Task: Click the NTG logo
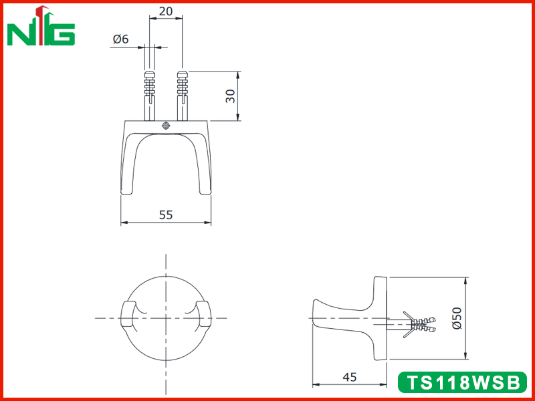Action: pyautogui.click(x=41, y=26)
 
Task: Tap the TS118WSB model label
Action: pyautogui.click(x=463, y=382)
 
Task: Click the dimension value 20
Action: pyautogui.click(x=166, y=11)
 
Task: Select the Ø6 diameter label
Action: pyautogui.click(x=121, y=39)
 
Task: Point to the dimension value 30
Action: pyautogui.click(x=231, y=96)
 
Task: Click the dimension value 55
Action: pyautogui.click(x=166, y=215)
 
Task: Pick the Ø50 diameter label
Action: pyautogui.click(x=457, y=318)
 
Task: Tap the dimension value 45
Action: pyautogui.click(x=349, y=377)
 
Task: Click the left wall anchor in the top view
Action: pyautogui.click(x=150, y=96)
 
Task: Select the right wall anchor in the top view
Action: pyautogui.click(x=182, y=96)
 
